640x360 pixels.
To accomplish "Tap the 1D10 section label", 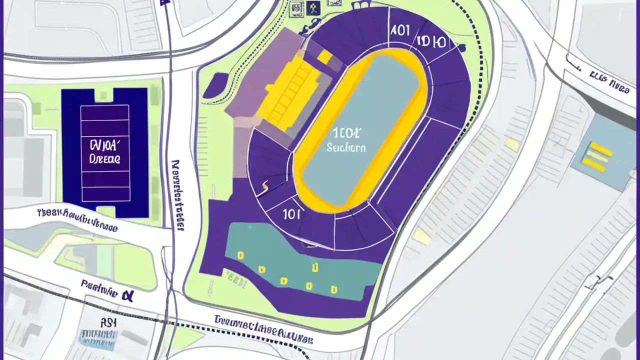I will pos(430,41).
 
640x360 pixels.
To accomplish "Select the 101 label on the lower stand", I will pos(291,214).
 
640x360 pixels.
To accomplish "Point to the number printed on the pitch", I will pos(344,133).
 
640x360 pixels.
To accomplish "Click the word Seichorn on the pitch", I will pos(345,148).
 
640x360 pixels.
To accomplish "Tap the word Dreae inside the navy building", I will pos(104,159).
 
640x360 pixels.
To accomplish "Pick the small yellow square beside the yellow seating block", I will pos(324,57).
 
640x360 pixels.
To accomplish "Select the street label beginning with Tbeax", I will pos(77,219).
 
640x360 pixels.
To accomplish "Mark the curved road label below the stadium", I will pos(263,330).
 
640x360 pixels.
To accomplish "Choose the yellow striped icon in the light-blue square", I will pos(597,156).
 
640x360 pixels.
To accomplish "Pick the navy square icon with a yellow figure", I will pos(313,7).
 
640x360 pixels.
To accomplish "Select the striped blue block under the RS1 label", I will pos(98,340).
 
